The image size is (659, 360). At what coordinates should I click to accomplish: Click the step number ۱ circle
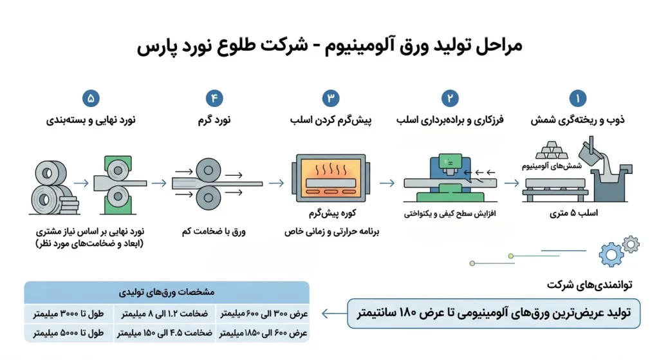577,99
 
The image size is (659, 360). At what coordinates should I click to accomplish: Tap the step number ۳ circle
331,99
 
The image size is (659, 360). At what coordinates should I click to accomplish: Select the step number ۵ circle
91,99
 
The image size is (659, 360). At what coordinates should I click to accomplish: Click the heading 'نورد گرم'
214,120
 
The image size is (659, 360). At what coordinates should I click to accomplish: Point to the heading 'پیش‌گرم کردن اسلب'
331,120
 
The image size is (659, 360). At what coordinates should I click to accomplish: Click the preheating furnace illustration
331,178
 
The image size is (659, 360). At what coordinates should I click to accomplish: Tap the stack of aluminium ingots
552,150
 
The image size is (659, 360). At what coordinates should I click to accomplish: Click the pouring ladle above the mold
591,151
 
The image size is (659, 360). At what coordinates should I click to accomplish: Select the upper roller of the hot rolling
208,170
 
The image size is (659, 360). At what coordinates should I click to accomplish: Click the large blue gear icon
611,254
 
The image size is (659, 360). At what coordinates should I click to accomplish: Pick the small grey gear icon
631,244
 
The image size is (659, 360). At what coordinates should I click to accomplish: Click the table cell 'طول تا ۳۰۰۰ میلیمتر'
68,314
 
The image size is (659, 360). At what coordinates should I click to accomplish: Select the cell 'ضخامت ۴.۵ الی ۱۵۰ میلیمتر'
165,333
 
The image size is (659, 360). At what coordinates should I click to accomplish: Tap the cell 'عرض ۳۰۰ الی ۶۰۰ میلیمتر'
264,314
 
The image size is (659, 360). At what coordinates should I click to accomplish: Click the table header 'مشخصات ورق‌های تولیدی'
167,292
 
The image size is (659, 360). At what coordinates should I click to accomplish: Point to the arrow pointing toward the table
334,314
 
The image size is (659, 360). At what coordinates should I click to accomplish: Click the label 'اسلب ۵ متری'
573,213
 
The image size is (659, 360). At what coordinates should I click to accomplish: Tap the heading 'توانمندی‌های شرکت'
589,285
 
